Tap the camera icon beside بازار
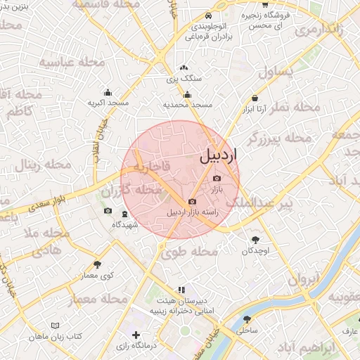click(216, 179)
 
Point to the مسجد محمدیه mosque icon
click(187, 95)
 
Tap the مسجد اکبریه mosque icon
click(108, 92)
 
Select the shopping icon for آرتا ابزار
click(254, 98)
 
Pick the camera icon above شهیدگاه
click(108, 211)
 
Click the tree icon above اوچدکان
click(255, 240)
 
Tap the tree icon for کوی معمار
click(97, 265)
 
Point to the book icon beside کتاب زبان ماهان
click(55, 326)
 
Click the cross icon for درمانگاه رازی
click(136, 336)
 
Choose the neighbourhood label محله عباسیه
click(71, 63)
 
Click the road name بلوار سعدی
click(49, 203)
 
